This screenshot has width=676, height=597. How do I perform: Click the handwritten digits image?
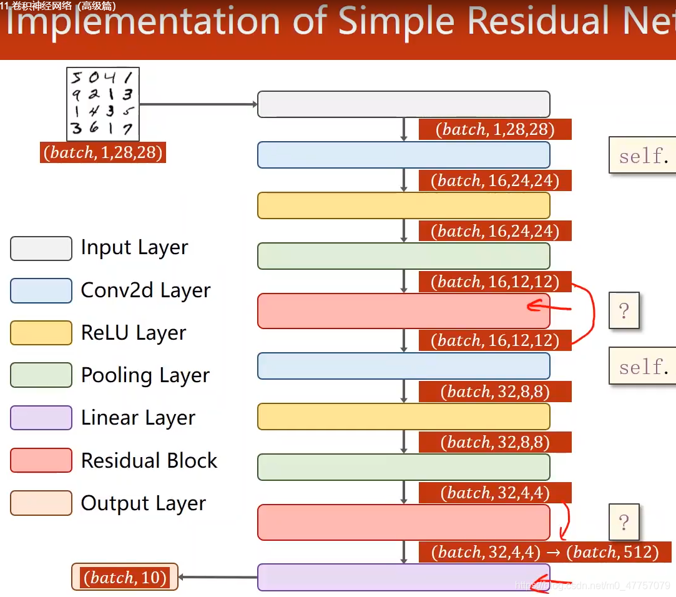click(103, 104)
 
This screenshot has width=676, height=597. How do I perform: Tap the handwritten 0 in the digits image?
click(94, 78)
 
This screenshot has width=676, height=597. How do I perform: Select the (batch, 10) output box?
click(125, 577)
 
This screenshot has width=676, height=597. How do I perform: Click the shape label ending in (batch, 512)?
click(545, 552)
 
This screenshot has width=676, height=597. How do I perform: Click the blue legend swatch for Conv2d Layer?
click(41, 291)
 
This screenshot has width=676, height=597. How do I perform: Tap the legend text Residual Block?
click(149, 461)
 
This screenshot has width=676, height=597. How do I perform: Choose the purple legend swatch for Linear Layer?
click(41, 418)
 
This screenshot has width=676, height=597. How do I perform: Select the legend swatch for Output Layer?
click(41, 503)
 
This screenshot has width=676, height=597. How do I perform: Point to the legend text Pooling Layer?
click(145, 375)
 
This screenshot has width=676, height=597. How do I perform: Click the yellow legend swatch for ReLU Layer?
click(41, 333)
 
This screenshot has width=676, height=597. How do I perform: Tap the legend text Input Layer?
click(134, 248)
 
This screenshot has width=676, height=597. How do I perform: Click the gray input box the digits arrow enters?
click(403, 104)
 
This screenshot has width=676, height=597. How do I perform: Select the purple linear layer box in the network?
click(403, 577)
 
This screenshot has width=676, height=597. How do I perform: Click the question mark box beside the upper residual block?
click(624, 310)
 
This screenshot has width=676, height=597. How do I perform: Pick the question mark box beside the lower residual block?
click(624, 522)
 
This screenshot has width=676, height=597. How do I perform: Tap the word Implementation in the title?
click(144, 22)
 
